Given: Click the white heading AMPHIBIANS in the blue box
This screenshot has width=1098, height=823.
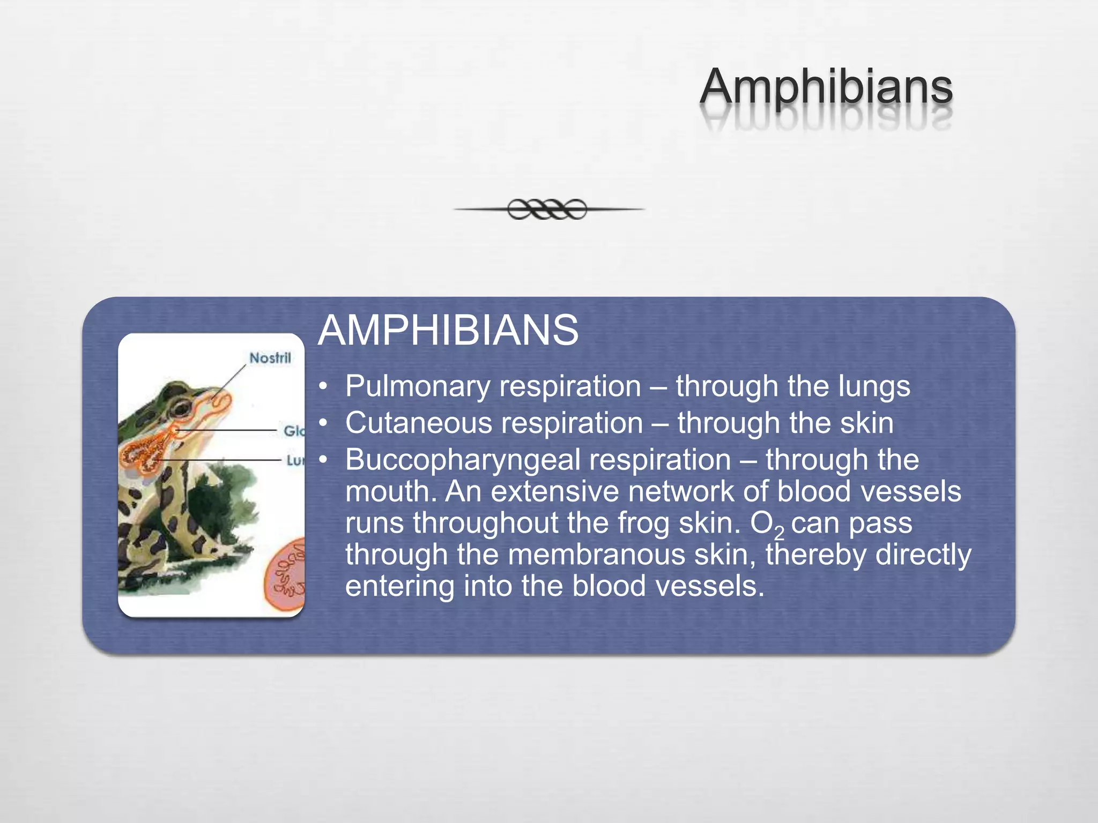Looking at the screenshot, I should pyautogui.click(x=448, y=330).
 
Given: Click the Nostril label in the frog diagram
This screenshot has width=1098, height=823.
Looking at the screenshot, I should pyautogui.click(x=270, y=358).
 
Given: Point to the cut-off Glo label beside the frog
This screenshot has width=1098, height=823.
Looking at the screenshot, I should pyautogui.click(x=293, y=431).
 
